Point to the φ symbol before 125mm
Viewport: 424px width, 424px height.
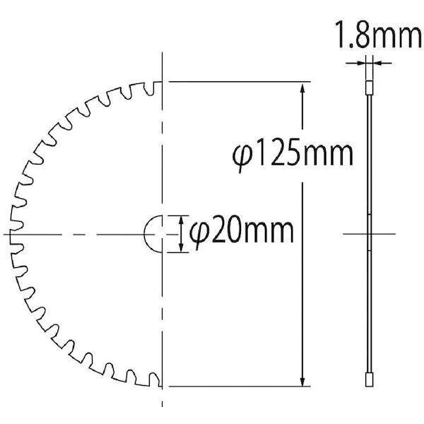pyautogui.click(x=241, y=155)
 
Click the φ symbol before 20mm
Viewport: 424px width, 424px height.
pyautogui.click(x=200, y=233)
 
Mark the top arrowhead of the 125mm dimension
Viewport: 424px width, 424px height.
pyautogui.click(x=304, y=88)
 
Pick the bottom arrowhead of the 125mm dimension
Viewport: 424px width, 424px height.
pyautogui.click(x=304, y=380)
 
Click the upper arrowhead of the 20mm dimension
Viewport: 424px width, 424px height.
pyautogui.click(x=182, y=220)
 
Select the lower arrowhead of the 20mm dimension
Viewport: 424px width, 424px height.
pyautogui.click(x=182, y=247)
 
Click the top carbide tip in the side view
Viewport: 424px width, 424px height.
pyautogui.click(x=368, y=88)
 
